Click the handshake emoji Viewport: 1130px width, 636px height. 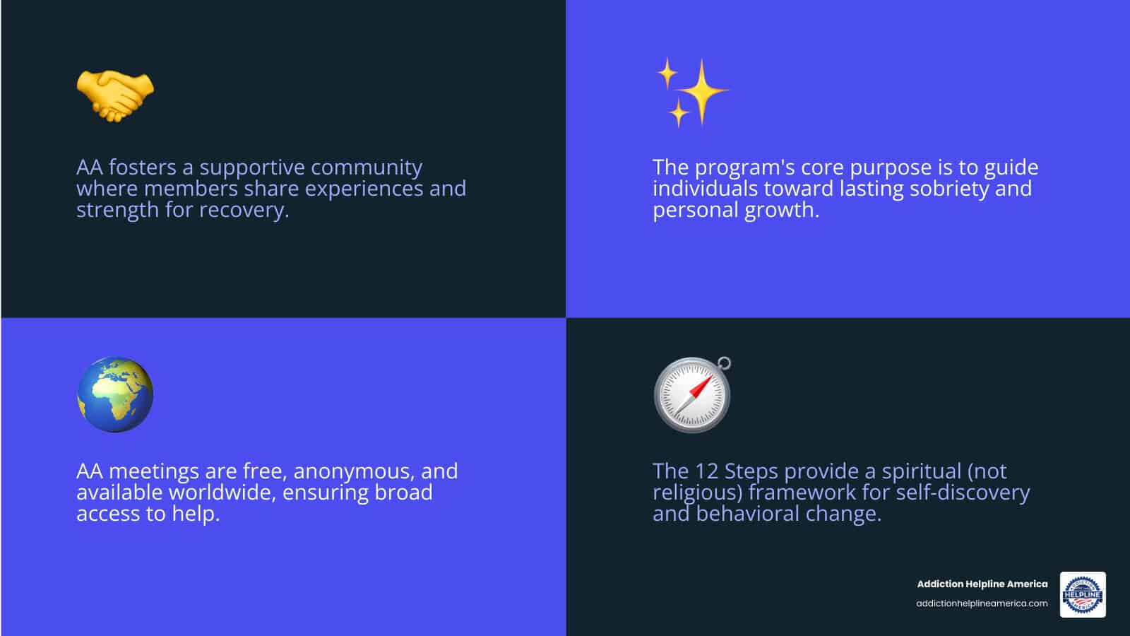115,95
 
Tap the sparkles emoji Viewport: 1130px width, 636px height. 691,93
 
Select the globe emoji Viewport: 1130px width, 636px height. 115,394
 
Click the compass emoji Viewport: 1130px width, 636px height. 691,395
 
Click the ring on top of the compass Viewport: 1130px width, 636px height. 723,364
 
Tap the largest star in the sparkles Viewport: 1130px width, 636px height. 702,91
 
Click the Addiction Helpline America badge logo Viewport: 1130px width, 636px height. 1083,594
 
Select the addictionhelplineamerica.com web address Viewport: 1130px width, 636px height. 982,603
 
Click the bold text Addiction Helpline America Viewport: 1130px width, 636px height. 982,584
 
